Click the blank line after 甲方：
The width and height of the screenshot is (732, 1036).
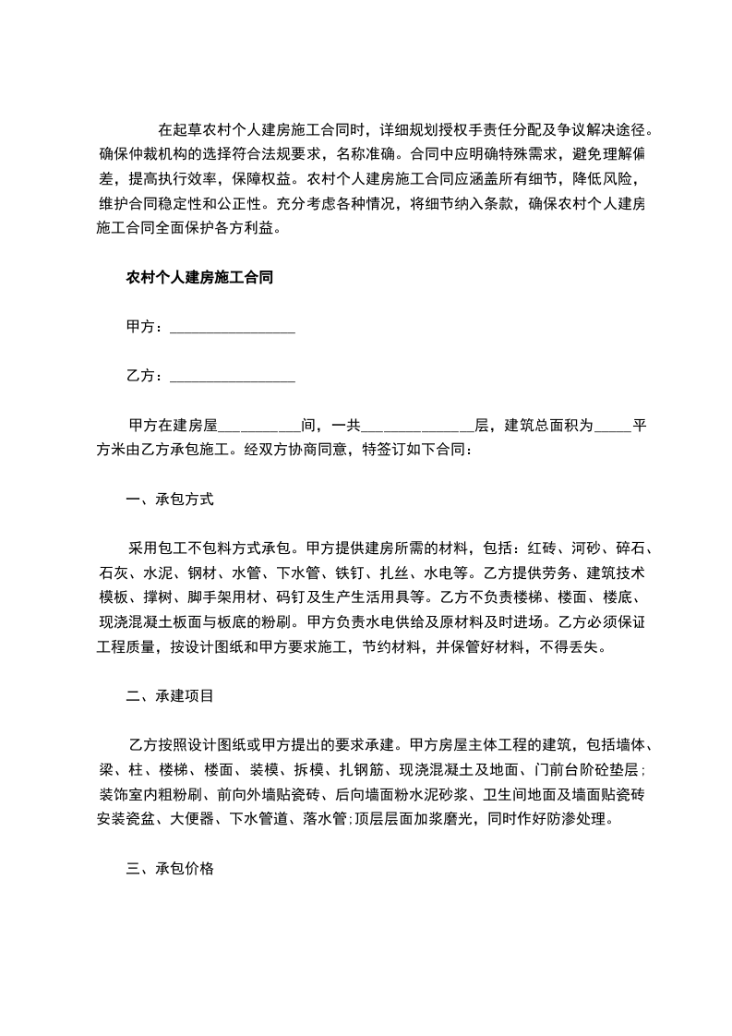(x=233, y=328)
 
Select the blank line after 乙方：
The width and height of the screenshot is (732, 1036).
(x=233, y=377)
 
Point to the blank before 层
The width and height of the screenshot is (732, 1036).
(x=417, y=427)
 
